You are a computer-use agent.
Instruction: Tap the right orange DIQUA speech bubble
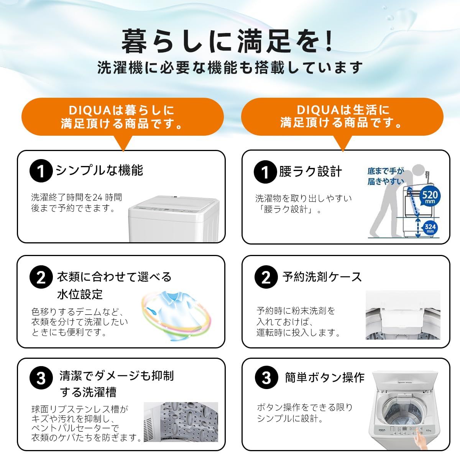(x=342, y=117)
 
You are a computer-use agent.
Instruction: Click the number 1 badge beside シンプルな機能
(x=41, y=171)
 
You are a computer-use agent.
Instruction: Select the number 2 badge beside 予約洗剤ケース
(x=266, y=277)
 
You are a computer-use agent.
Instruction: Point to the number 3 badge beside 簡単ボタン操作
(x=266, y=378)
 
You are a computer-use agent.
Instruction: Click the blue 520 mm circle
(x=429, y=197)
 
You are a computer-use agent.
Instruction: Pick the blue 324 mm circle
(x=430, y=228)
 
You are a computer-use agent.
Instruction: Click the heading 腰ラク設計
(x=310, y=172)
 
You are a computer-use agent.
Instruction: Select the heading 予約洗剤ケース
(x=322, y=277)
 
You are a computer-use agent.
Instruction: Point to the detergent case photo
(x=402, y=315)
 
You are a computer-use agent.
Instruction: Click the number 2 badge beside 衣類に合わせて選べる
(x=41, y=277)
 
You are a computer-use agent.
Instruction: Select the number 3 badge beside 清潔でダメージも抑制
(x=41, y=378)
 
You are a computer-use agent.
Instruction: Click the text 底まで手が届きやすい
(x=385, y=176)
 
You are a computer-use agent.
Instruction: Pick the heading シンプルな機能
(x=99, y=170)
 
